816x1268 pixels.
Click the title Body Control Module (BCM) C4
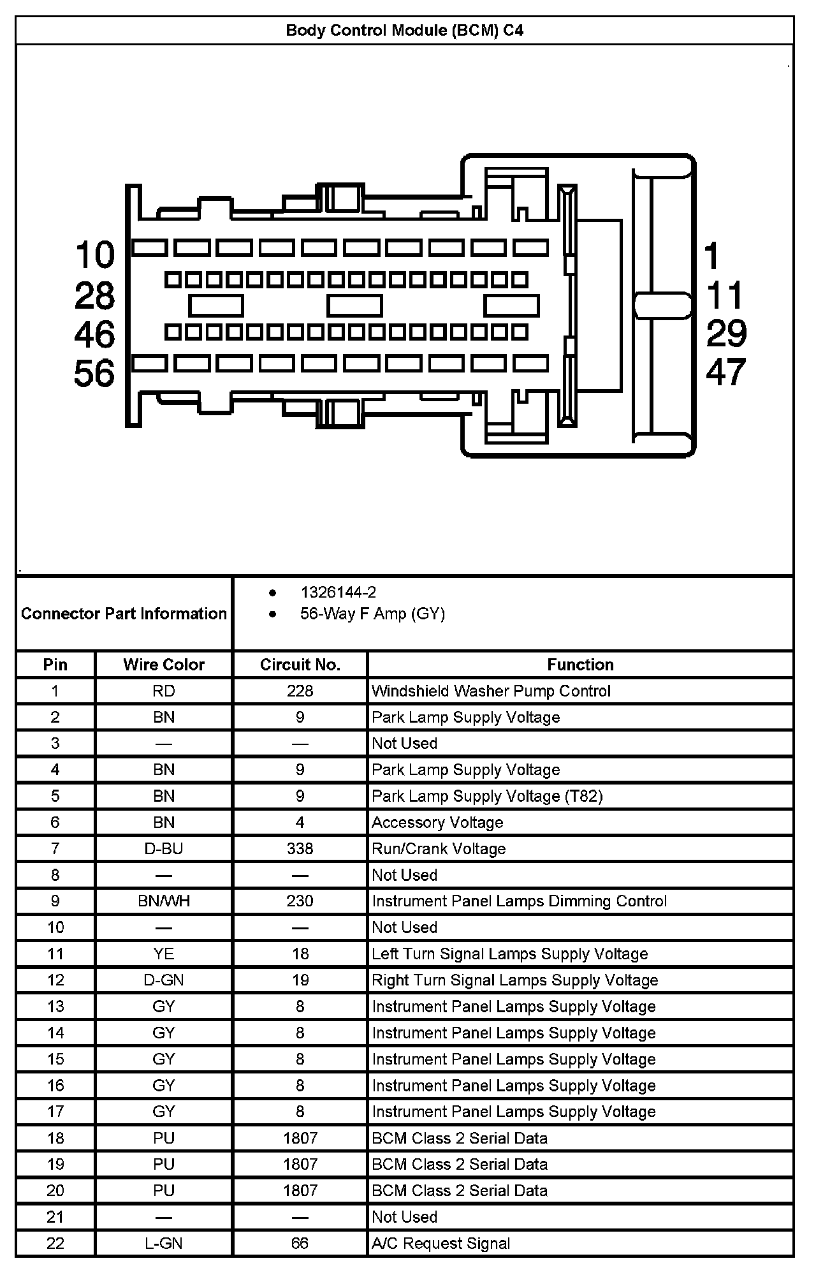[405, 31]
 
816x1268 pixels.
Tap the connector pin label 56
[94, 374]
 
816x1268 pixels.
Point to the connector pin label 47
[725, 372]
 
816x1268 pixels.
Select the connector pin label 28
[94, 296]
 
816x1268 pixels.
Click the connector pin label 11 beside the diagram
[725, 295]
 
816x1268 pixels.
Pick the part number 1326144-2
[338, 593]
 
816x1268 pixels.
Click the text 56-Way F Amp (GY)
[372, 614]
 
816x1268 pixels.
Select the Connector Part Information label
[124, 614]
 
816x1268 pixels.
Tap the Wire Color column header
[164, 665]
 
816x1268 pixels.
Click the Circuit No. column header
[300, 665]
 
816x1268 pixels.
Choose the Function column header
[580, 665]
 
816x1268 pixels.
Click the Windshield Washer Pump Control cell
[491, 691]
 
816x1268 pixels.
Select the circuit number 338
[300, 849]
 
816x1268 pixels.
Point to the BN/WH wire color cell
[164, 901]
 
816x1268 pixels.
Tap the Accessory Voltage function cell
[437, 823]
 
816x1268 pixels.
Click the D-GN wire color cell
[164, 980]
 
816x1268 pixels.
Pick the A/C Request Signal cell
[441, 1243]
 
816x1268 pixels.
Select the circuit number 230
[300, 901]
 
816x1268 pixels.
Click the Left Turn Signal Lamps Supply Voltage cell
[510, 954]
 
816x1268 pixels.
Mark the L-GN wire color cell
[164, 1243]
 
